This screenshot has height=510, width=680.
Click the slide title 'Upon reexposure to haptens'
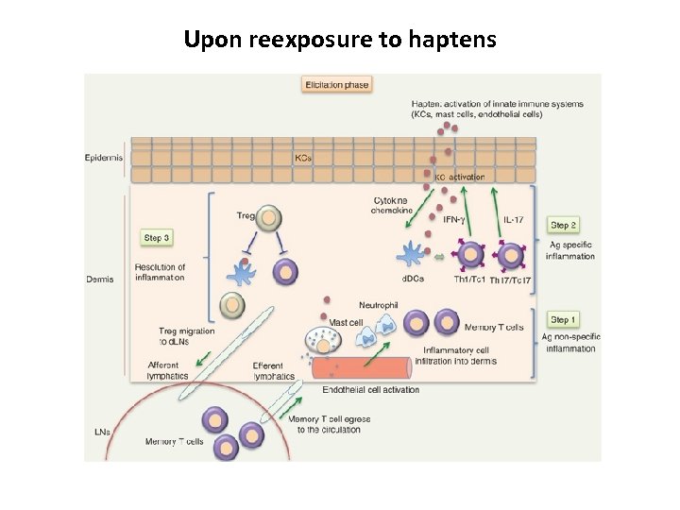pyautogui.click(x=340, y=40)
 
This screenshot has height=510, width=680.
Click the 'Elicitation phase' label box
pyautogui.click(x=336, y=85)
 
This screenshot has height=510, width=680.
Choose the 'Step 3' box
pyautogui.click(x=157, y=238)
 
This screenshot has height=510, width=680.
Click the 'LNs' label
pyautogui.click(x=101, y=433)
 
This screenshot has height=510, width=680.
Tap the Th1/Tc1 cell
pyautogui.click(x=469, y=256)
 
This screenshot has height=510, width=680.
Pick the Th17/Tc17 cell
pyautogui.click(x=511, y=256)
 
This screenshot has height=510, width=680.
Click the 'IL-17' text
pyautogui.click(x=513, y=220)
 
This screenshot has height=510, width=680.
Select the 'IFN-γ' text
pyautogui.click(x=454, y=220)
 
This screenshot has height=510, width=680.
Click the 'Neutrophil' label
pyautogui.click(x=379, y=304)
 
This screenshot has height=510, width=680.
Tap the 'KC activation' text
pyautogui.click(x=459, y=177)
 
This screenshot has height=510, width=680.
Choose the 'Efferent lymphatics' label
pyautogui.click(x=273, y=370)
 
